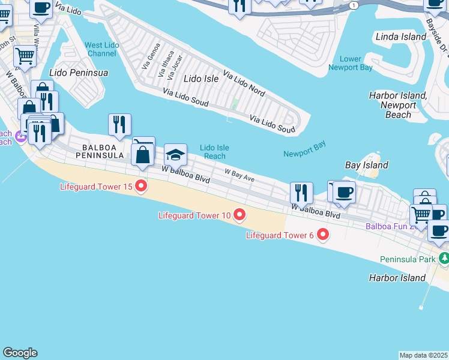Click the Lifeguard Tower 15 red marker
[141, 187]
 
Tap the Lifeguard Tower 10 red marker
[239, 215]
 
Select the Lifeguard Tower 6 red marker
[323, 235]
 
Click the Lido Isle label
[201, 79]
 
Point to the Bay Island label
[366, 165]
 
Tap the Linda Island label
[400, 37]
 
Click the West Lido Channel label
[101, 49]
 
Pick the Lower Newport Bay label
[350, 63]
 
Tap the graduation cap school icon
[176, 155]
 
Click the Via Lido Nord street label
[244, 83]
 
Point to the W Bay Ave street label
[240, 175]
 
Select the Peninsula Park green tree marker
[444, 259]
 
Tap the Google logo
[20, 353]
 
